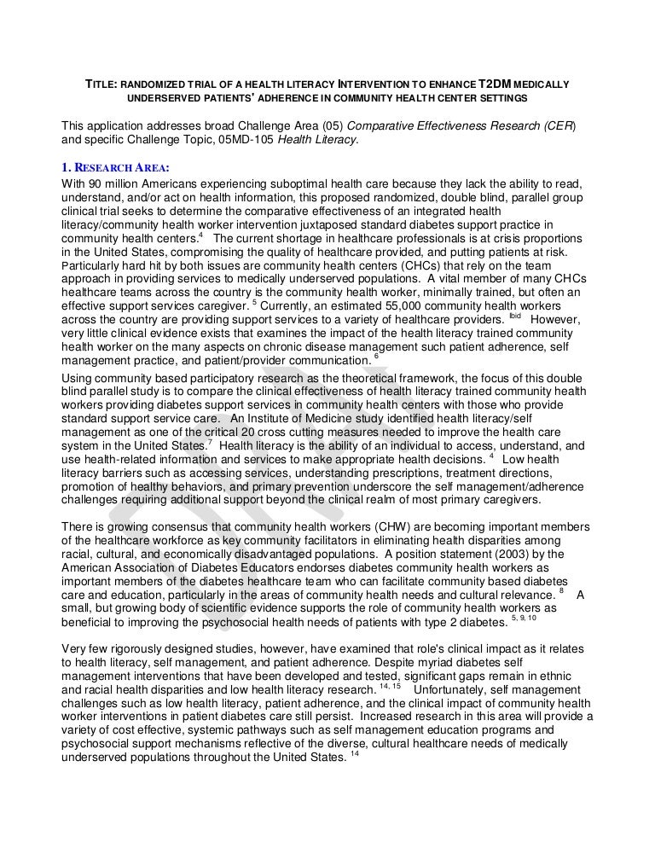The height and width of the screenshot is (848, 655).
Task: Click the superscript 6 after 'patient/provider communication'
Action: [377, 357]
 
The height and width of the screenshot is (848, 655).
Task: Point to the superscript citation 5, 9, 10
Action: [522, 618]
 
